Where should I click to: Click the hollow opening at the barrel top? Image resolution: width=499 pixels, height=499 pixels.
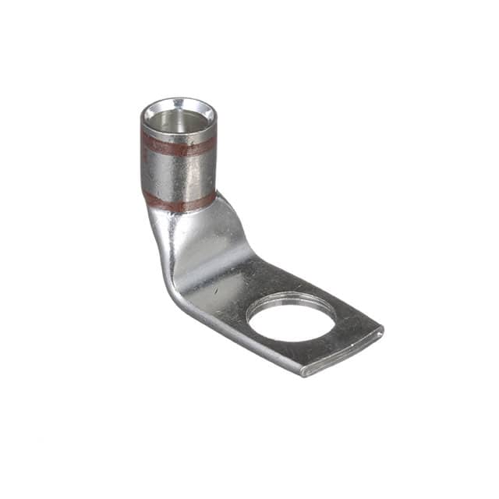coord(178,121)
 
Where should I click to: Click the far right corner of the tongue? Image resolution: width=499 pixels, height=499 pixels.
coord(381,328)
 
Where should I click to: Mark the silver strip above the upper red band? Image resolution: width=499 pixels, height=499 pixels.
coord(178,133)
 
